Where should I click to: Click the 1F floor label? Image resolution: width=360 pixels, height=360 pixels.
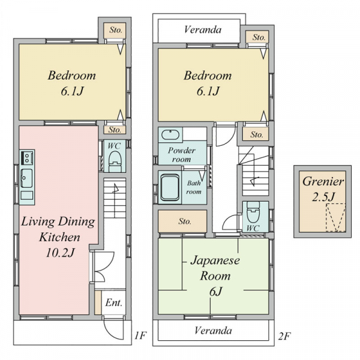(x=140, y=335)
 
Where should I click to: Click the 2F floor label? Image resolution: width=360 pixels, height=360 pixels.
(x=284, y=337)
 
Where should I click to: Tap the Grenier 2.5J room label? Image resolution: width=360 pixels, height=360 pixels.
(x=323, y=189)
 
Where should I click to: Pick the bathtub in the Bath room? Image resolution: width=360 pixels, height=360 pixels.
(x=170, y=188)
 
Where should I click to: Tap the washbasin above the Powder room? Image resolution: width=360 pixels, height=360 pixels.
(x=170, y=134)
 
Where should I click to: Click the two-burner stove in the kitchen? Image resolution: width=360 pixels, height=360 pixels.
(x=27, y=158)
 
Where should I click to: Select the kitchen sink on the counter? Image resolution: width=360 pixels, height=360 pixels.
(x=26, y=178)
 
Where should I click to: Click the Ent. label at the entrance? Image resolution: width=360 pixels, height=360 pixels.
(x=113, y=303)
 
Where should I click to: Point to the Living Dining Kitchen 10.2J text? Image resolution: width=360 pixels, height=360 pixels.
(x=58, y=237)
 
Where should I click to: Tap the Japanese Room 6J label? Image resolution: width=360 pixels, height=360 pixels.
(x=215, y=276)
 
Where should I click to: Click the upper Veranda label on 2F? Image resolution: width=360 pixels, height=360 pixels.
(x=203, y=30)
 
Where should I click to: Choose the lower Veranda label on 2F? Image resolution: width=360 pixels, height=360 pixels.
(x=213, y=331)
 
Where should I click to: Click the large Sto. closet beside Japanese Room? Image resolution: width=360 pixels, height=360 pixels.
(x=183, y=221)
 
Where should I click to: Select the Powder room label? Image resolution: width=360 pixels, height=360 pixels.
(x=181, y=155)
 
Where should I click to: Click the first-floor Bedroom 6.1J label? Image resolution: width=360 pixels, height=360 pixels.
(x=71, y=83)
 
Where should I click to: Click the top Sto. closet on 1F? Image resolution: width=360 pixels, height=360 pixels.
(x=115, y=31)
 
